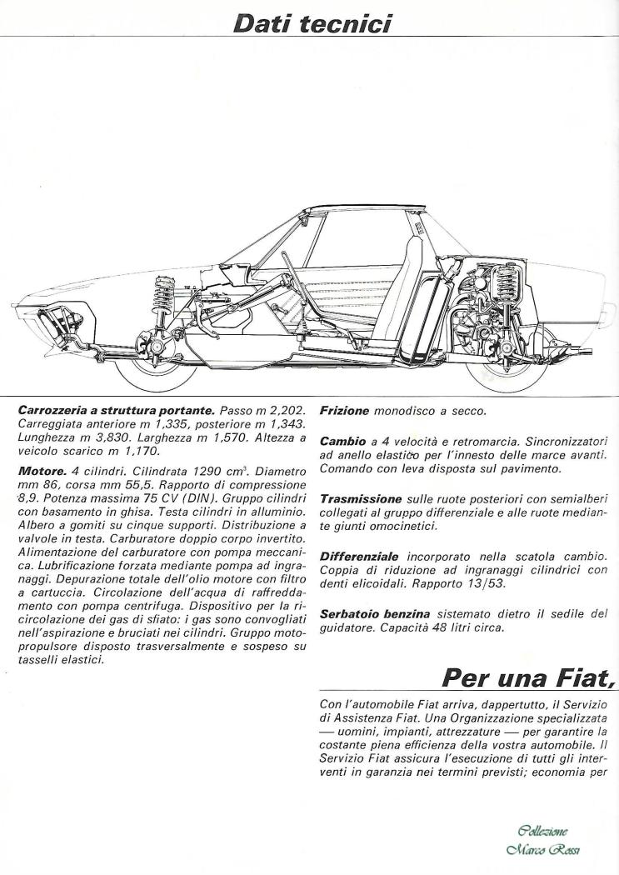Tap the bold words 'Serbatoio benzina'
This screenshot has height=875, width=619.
[x=374, y=613]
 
